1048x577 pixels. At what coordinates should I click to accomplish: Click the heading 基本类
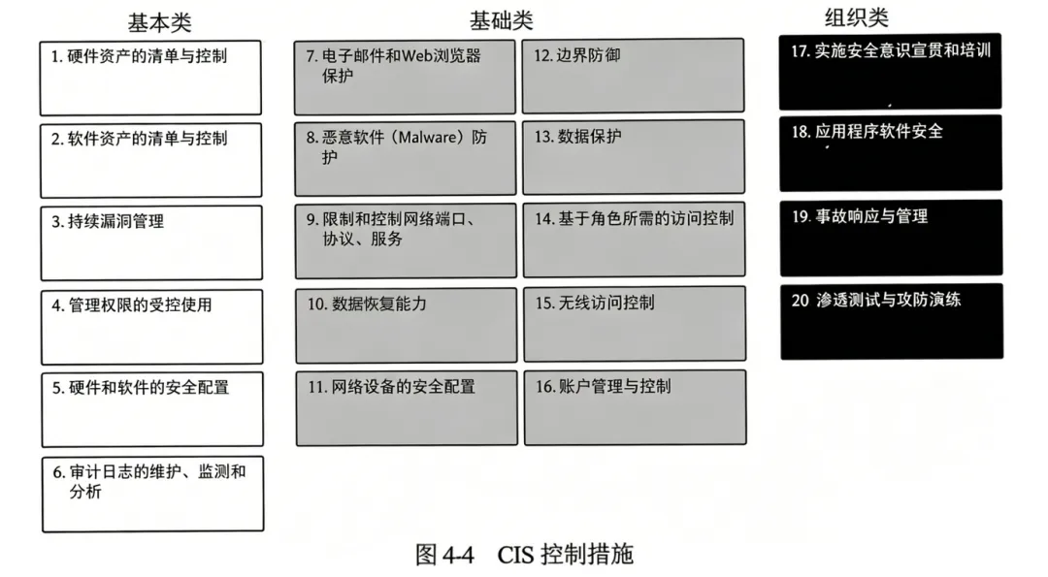click(160, 22)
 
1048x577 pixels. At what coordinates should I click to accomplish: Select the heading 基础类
click(502, 20)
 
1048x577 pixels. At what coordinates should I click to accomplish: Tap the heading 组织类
click(857, 17)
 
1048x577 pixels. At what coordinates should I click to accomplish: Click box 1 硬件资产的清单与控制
click(150, 78)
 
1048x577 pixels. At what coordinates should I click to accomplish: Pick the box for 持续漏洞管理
click(151, 242)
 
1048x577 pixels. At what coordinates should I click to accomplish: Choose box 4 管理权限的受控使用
click(151, 326)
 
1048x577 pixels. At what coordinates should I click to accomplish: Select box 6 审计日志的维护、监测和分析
click(152, 494)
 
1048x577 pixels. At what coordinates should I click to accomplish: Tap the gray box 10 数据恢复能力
click(406, 324)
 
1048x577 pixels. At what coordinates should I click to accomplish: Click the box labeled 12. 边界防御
click(633, 76)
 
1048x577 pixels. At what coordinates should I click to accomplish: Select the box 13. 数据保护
click(633, 157)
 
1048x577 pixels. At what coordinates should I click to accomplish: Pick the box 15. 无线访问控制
click(635, 324)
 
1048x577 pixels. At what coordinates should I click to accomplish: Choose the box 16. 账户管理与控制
click(635, 407)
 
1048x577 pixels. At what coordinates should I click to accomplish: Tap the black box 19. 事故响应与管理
click(891, 237)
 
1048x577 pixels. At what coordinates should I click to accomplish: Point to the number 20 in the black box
click(801, 301)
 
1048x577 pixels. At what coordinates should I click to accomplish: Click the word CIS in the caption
click(517, 555)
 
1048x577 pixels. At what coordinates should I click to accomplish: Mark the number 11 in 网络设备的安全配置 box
click(316, 387)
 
